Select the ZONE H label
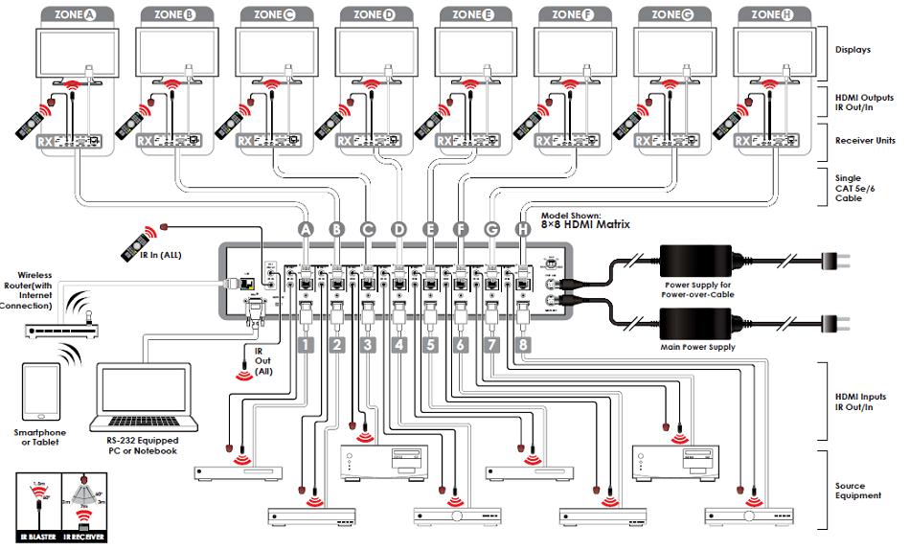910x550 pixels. pyautogui.click(x=767, y=14)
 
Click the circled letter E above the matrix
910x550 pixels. pyautogui.click(x=430, y=229)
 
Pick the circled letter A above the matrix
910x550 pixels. pyautogui.click(x=306, y=229)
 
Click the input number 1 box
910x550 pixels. pyautogui.click(x=306, y=342)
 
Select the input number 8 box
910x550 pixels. pyautogui.click(x=523, y=342)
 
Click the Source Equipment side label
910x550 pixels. pyautogui.click(x=858, y=491)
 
